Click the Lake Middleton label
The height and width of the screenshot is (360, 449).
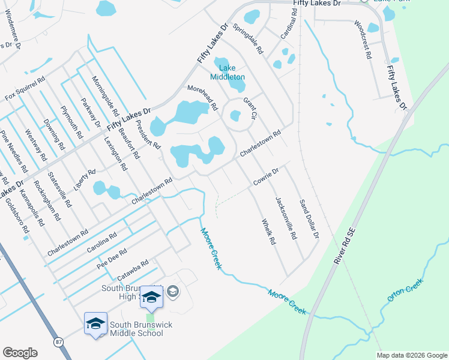click(227, 73)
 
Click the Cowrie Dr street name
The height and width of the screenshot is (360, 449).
click(267, 176)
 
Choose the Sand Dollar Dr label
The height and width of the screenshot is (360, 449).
click(308, 218)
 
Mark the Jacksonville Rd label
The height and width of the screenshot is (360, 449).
click(286, 218)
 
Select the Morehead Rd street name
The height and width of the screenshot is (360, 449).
click(202, 97)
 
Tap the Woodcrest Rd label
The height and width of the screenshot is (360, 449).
click(363, 40)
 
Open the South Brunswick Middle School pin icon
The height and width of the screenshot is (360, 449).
click(96, 324)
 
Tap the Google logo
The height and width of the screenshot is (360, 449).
click(20, 353)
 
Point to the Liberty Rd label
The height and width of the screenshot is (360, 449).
click(85, 179)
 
